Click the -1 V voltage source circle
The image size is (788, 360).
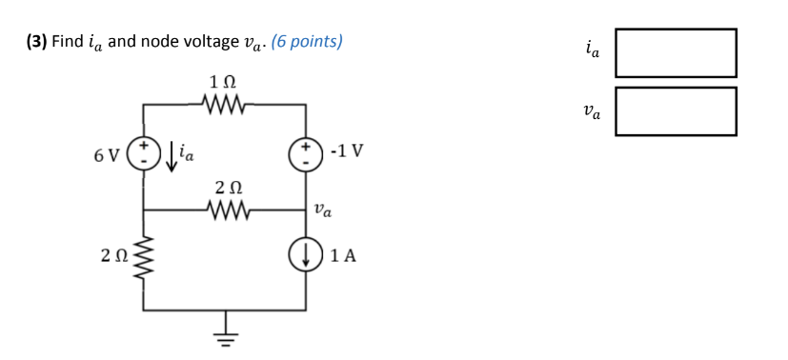click(x=306, y=153)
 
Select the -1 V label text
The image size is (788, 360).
click(x=345, y=151)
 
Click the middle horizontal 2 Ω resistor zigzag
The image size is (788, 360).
click(x=226, y=209)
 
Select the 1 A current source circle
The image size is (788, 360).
click(x=306, y=255)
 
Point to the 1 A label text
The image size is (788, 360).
click(x=343, y=255)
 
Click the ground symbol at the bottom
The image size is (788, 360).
click(x=226, y=330)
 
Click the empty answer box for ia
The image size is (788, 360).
click(x=675, y=52)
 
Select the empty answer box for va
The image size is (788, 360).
click(x=675, y=111)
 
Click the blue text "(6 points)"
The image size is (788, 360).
click(x=307, y=41)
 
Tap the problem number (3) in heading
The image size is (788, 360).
click(x=35, y=41)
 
